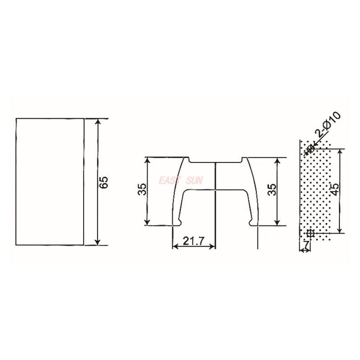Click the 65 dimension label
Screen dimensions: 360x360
[x=104, y=182]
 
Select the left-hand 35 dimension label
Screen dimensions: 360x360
[x=142, y=189]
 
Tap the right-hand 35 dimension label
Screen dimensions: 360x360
[x=270, y=189]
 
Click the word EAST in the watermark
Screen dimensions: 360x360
[x=169, y=181]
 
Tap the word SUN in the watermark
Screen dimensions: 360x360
[x=195, y=181]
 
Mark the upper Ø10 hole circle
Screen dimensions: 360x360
[x=310, y=148]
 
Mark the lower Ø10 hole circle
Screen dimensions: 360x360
[x=310, y=233]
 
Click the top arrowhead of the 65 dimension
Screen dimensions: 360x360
[x=98, y=121]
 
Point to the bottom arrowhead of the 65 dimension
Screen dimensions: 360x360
[x=98, y=243]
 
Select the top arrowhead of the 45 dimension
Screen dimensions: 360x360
[x=340, y=152]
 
